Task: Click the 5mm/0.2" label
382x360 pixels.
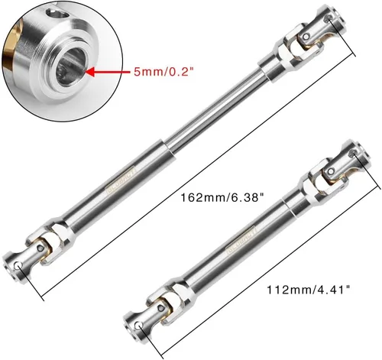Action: tap(162, 73)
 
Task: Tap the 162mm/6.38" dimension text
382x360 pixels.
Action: tap(222, 197)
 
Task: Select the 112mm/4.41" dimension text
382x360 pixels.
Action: tap(309, 290)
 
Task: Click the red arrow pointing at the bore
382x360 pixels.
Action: tap(107, 72)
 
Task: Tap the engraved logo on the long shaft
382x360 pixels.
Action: tap(121, 180)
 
